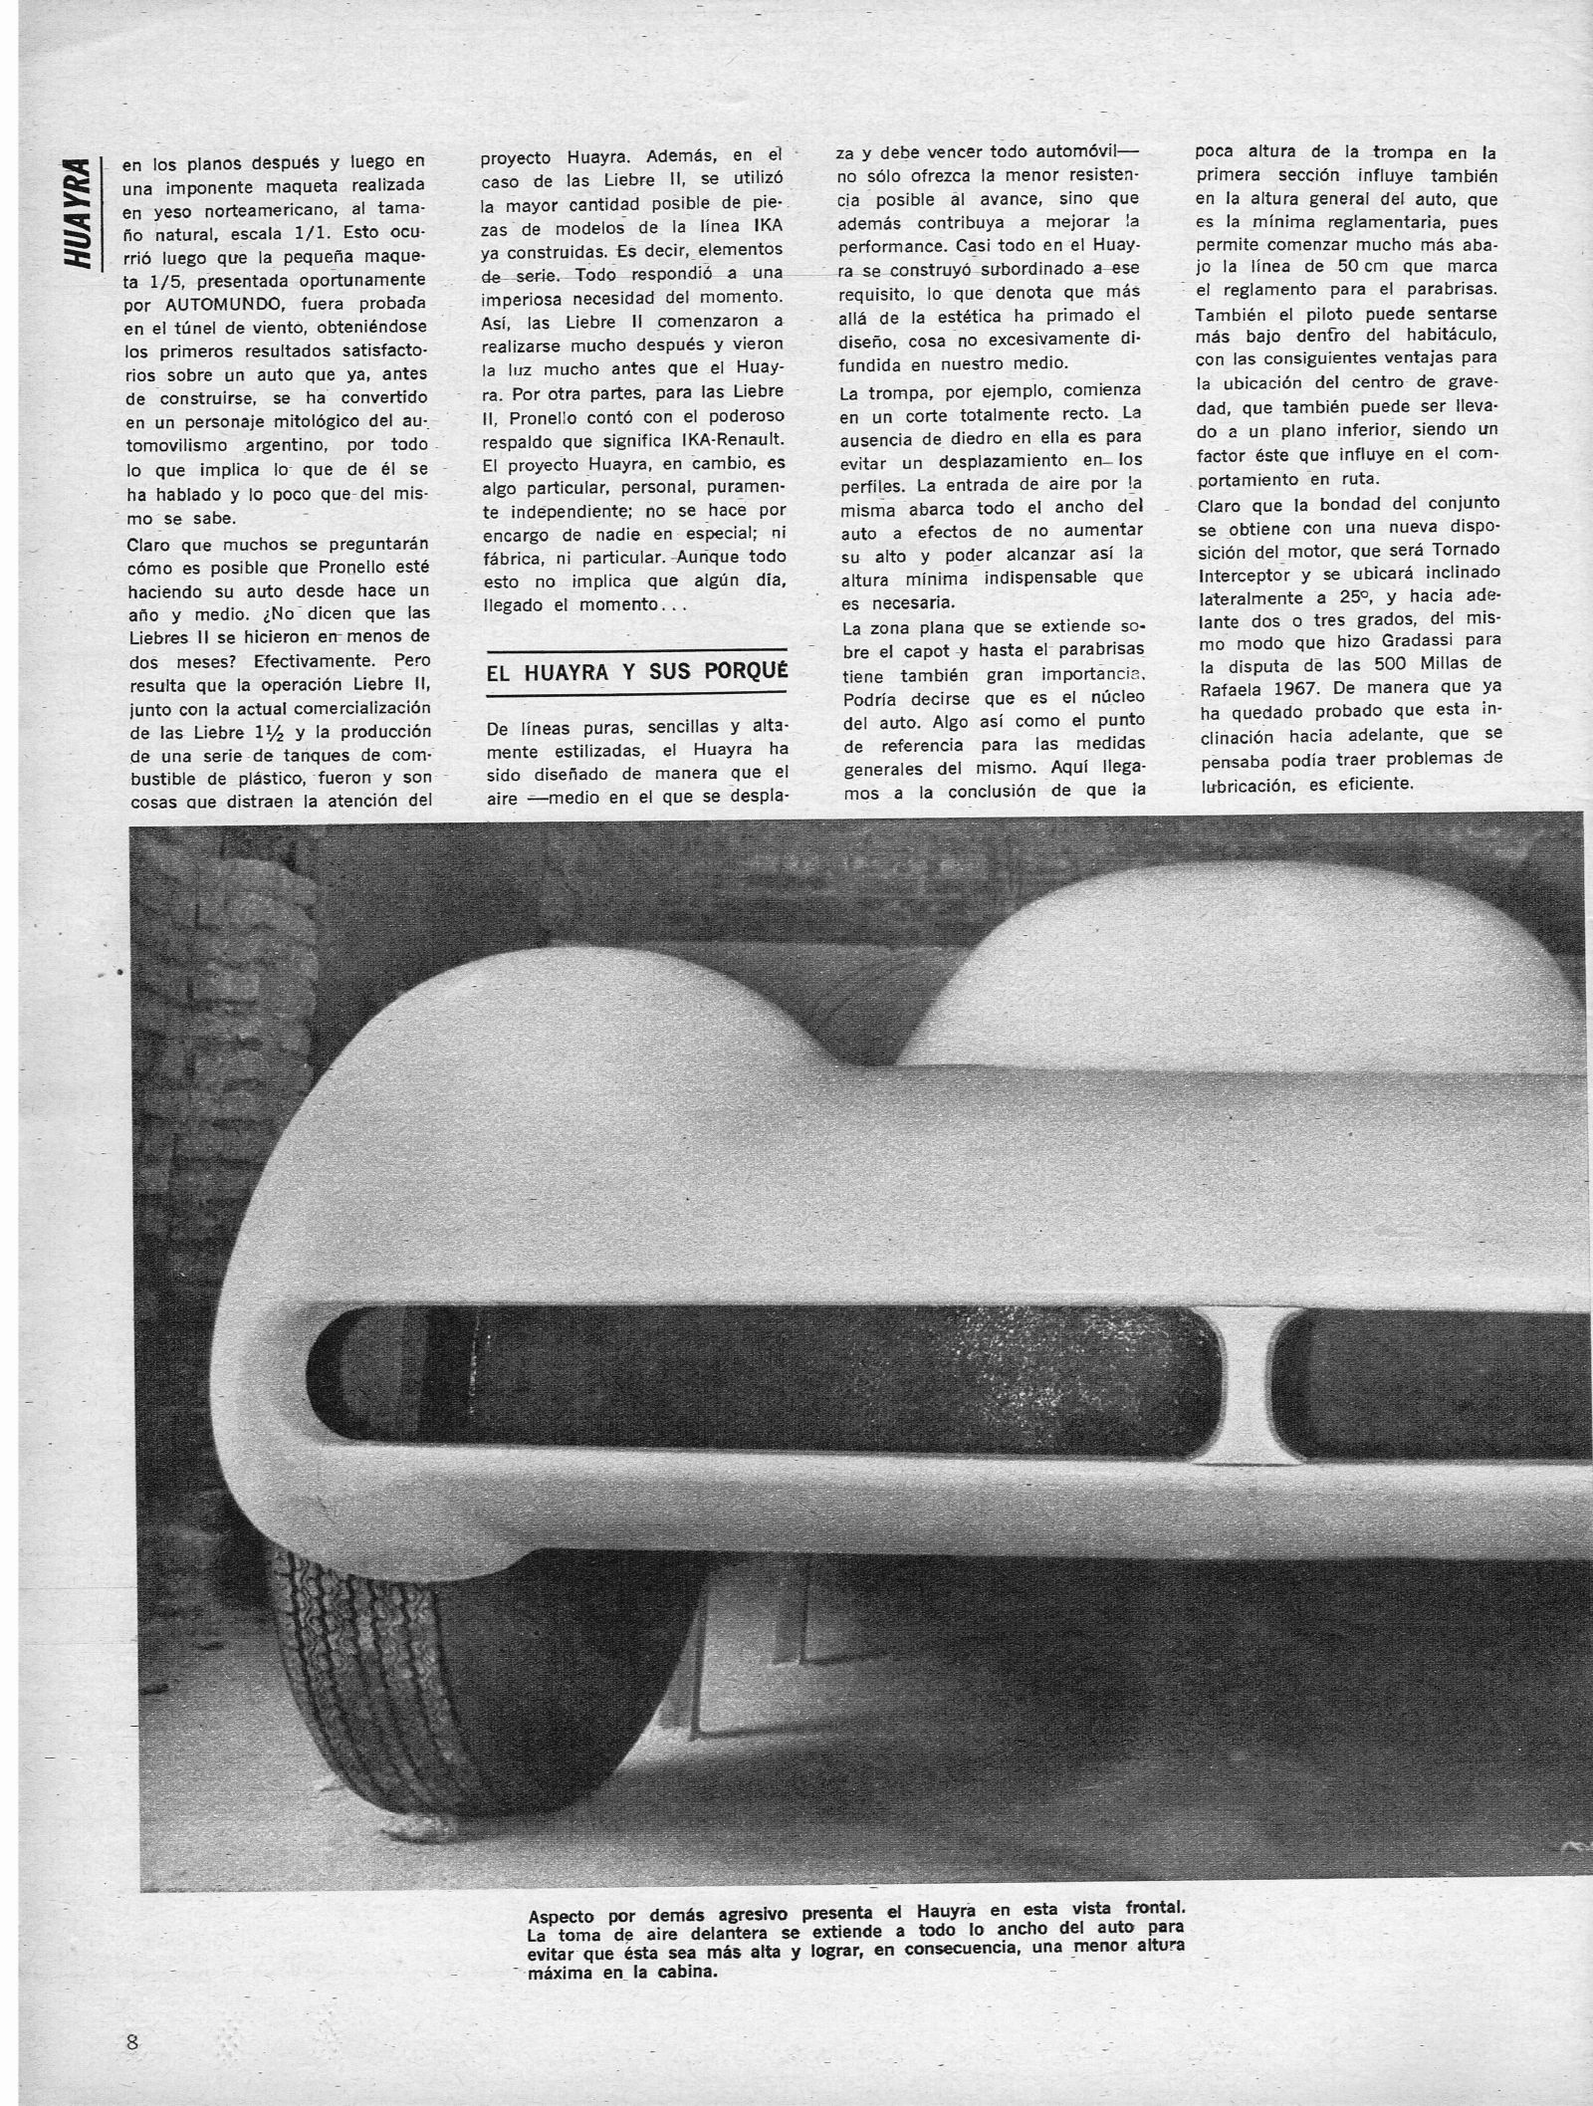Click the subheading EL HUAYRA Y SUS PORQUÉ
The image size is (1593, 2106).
(636, 671)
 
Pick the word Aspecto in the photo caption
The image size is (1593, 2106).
(563, 1917)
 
